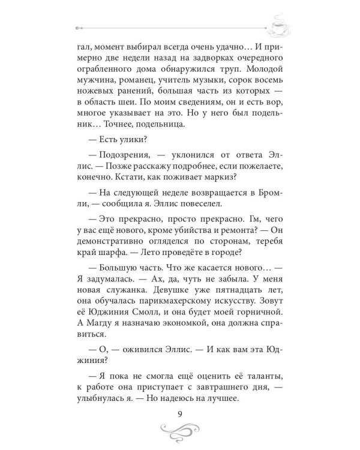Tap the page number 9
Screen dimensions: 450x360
click(180, 411)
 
